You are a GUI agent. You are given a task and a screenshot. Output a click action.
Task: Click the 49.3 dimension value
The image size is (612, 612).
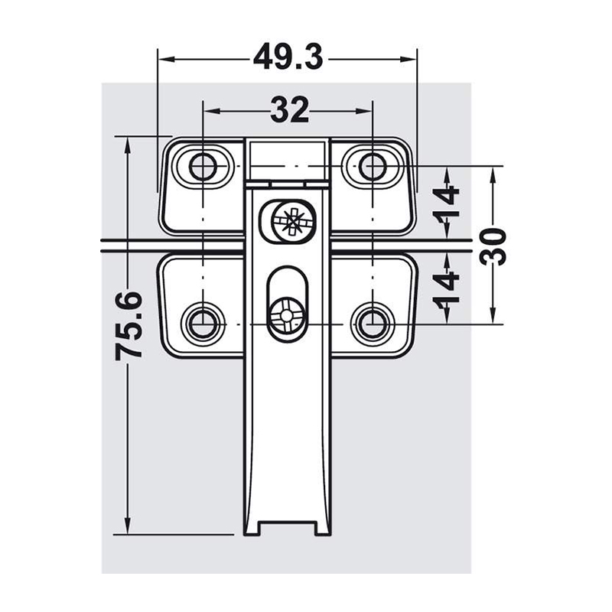pyautogui.click(x=288, y=57)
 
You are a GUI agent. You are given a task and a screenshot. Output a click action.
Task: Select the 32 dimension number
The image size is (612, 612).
pyautogui.click(x=290, y=110)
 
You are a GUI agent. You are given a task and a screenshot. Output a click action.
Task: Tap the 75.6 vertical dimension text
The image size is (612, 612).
pyautogui.click(x=129, y=325)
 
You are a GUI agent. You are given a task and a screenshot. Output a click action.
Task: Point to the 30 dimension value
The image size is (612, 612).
pyautogui.click(x=493, y=246)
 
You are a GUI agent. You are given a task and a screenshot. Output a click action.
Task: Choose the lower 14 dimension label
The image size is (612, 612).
pyautogui.click(x=447, y=288)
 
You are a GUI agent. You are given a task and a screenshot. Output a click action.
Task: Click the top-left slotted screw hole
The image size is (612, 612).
pyautogui.click(x=203, y=167)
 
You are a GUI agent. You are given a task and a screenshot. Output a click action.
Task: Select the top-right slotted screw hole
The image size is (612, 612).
pyautogui.click(x=372, y=167)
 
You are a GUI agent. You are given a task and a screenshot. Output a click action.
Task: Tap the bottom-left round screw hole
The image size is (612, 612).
pyautogui.click(x=203, y=324)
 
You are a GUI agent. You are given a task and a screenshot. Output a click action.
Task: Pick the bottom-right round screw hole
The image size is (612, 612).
pyautogui.click(x=372, y=324)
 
